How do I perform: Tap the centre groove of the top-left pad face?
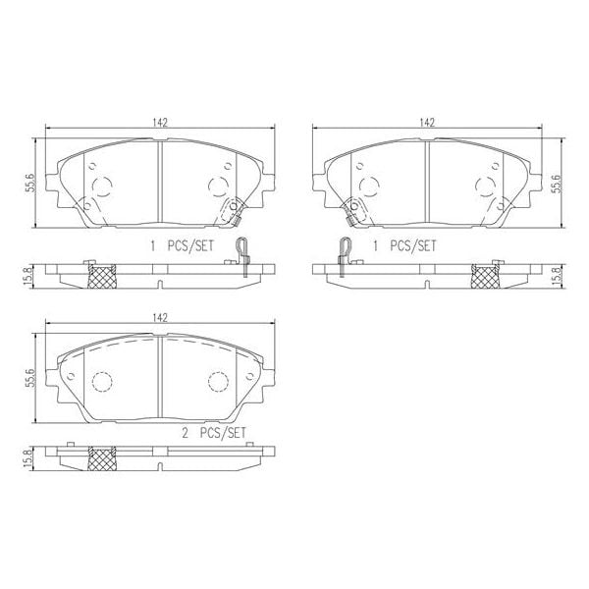click(x=159, y=182)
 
